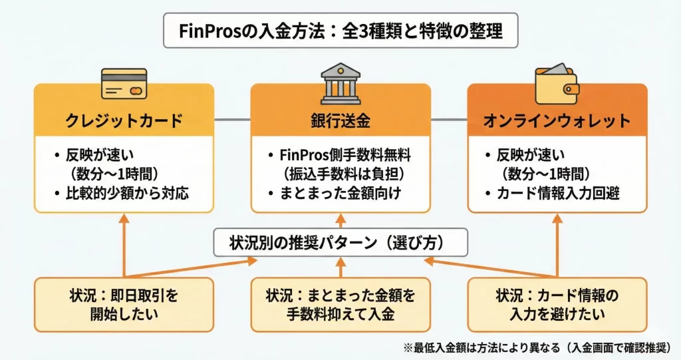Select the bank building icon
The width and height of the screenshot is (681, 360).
340,82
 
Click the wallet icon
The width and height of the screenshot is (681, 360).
557,81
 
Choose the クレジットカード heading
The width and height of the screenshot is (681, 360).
124,120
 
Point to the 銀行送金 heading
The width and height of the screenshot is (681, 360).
340,120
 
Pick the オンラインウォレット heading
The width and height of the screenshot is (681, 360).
557,120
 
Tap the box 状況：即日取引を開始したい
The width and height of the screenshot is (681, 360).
124,304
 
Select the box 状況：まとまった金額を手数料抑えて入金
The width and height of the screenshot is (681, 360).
340,304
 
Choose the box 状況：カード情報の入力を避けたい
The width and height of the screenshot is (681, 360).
557,304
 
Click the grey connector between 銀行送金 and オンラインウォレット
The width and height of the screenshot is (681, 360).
448,120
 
